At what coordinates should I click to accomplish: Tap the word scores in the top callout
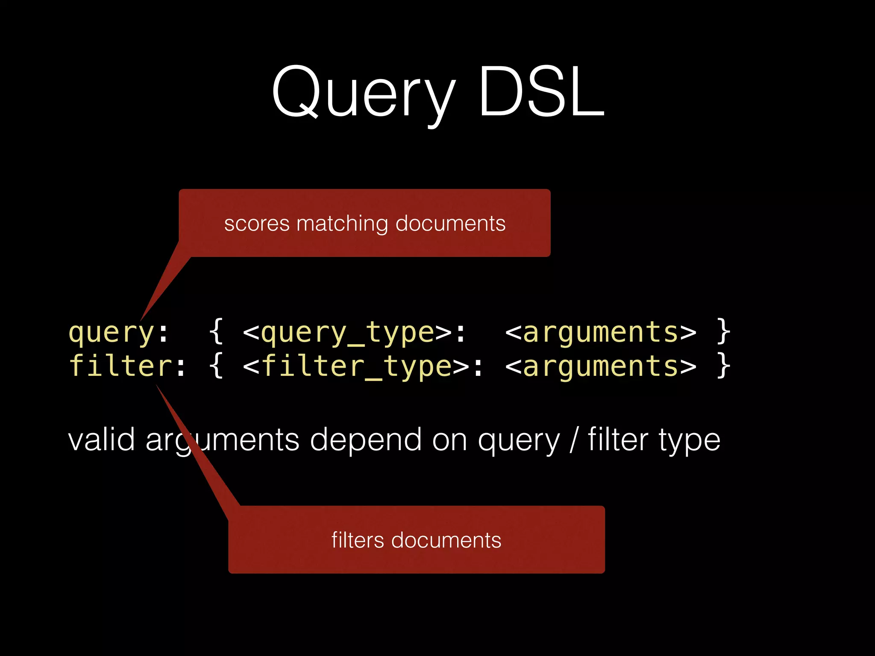tap(257, 224)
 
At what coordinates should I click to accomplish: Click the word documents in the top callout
tap(450, 224)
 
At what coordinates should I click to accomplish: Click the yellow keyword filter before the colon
tap(120, 366)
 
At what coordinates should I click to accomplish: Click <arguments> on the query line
tap(601, 333)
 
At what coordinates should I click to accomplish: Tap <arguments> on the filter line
tap(601, 367)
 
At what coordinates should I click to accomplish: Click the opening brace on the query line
tap(217, 332)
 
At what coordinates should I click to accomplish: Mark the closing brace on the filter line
tap(723, 366)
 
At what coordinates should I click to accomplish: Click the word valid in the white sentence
tap(102, 440)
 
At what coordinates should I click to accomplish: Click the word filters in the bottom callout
tap(358, 540)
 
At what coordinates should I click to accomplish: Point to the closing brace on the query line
tap(723, 332)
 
